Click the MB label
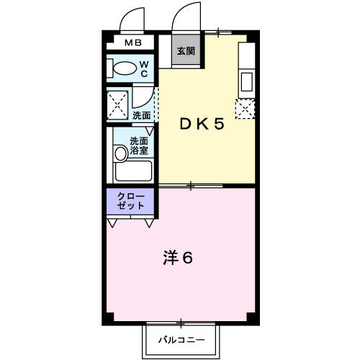click(x=133, y=43)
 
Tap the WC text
click(x=144, y=69)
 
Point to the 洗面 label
click(x=142, y=115)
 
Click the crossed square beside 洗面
click(x=118, y=104)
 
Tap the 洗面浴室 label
click(x=140, y=146)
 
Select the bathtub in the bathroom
click(x=133, y=171)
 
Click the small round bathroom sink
click(x=120, y=153)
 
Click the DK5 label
click(x=202, y=123)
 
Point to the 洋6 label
click(x=179, y=258)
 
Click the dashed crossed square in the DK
click(x=246, y=109)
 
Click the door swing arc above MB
click(x=134, y=18)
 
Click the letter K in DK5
click(x=202, y=123)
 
